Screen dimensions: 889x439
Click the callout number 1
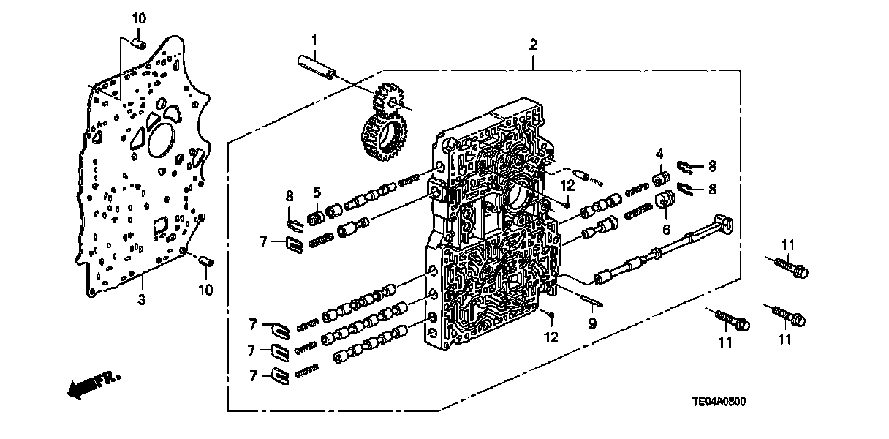(314, 38)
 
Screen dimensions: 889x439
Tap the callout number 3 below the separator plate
(142, 299)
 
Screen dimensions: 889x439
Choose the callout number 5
(316, 194)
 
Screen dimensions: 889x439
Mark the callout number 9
(592, 320)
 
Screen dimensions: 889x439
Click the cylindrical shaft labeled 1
(317, 64)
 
